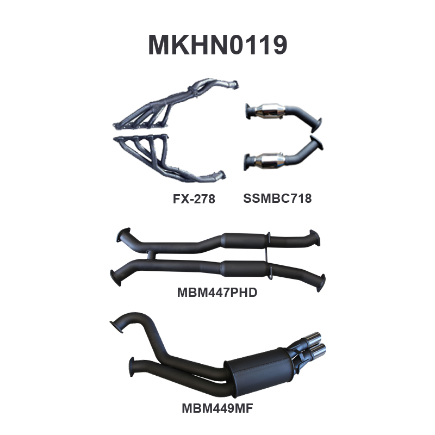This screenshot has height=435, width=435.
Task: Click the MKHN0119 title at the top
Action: pos(217,45)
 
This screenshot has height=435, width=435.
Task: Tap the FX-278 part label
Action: pos(194,198)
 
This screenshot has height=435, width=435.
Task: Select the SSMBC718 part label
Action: pos(277,198)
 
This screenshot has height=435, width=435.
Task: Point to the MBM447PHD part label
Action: pos(217,293)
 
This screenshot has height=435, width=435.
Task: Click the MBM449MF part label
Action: pos(217,408)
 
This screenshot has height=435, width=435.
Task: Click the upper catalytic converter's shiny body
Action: pos(270,111)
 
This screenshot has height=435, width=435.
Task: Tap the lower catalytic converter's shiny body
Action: pos(270,160)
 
